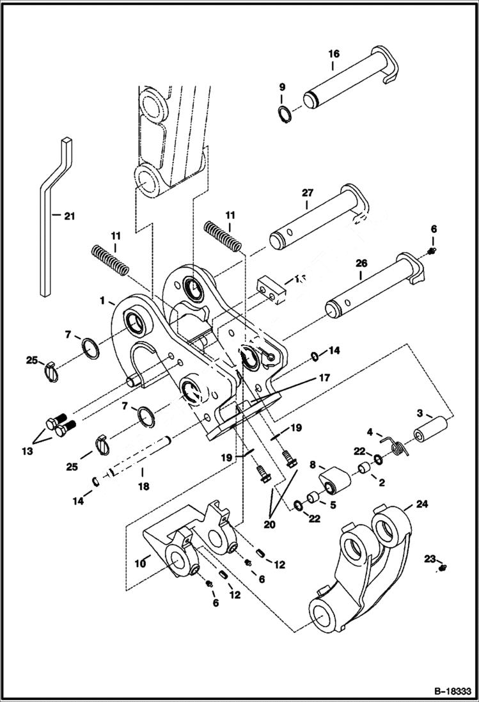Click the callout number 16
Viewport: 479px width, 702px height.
tap(334, 54)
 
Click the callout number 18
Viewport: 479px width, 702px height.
tap(143, 486)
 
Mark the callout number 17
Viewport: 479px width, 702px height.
tap(324, 378)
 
